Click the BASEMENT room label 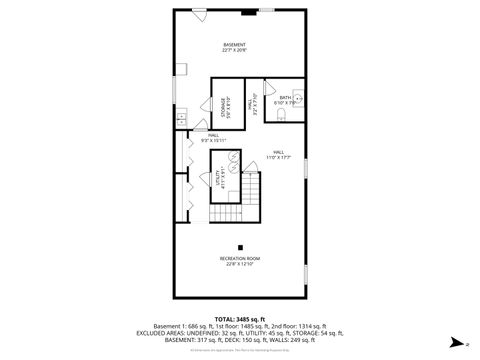point(234,43)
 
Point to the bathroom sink point(298,97)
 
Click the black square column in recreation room point(239,246)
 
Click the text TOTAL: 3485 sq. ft point(239,316)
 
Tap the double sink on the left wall point(180,118)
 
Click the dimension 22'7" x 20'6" point(234,50)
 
